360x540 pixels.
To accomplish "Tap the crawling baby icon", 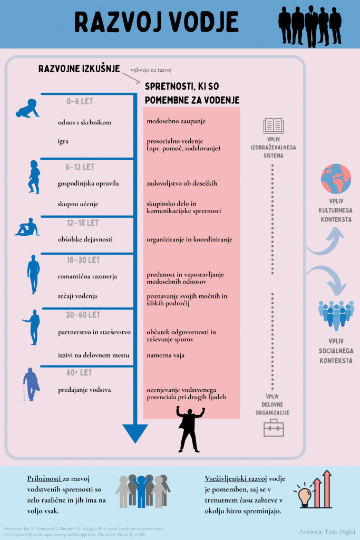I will pos(27,109).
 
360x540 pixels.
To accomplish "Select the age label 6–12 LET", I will pos(80,167).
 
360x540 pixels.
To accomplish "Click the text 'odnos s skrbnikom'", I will pos(85,122).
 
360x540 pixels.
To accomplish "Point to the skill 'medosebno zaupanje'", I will pos(176,121).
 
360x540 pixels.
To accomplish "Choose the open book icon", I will pos(274,126).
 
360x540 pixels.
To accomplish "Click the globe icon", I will pos(336,179).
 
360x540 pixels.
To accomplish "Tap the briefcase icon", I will pos(274,427).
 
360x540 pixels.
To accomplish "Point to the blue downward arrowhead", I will pos(135,433).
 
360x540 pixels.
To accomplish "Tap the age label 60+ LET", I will pos(80,373).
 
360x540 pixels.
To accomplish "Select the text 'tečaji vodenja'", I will pos(77,296).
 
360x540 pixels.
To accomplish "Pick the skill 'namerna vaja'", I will pos(166,355).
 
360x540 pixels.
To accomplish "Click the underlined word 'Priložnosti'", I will pos(44,479).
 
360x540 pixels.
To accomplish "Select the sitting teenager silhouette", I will pos(27,228).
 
